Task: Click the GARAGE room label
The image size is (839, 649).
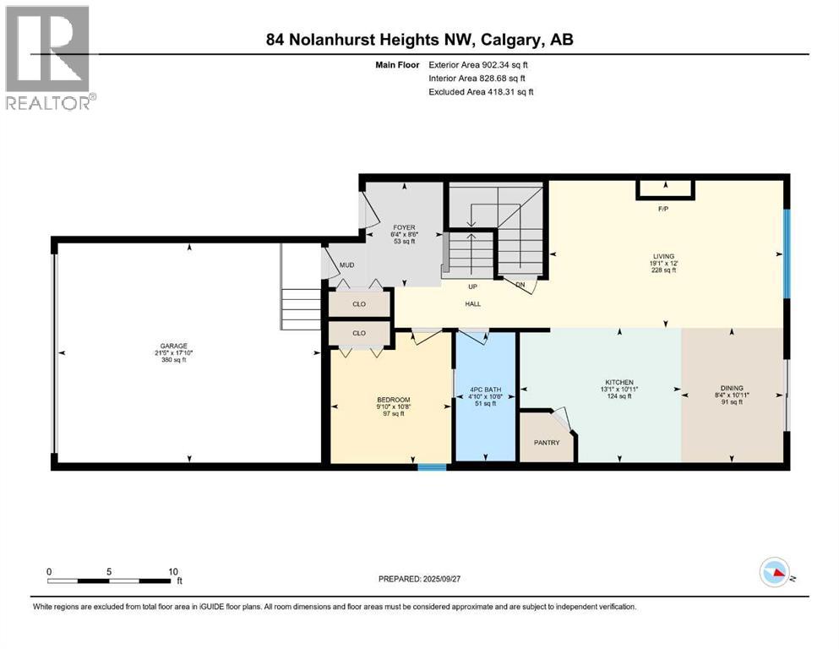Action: coord(174,346)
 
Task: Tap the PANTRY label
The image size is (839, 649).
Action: coord(547,441)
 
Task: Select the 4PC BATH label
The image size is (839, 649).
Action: coord(485,390)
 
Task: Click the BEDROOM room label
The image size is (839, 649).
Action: coord(393,400)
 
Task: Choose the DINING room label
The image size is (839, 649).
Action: coord(732,388)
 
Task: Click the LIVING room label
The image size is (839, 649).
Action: coord(663,254)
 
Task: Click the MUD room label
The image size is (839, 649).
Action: coord(346,265)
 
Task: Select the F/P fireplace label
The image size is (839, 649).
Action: coord(664,208)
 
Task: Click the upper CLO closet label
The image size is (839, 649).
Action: coord(359,303)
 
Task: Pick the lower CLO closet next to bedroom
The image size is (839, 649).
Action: coord(359,333)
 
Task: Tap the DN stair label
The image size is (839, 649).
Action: coord(520,285)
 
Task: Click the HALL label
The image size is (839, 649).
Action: coord(472,304)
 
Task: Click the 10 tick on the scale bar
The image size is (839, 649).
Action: coord(173,571)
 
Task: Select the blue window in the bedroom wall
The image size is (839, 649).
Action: coord(433,465)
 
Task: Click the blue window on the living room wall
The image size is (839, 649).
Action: coord(786,254)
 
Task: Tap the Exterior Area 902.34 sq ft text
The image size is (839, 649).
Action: coord(481,63)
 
